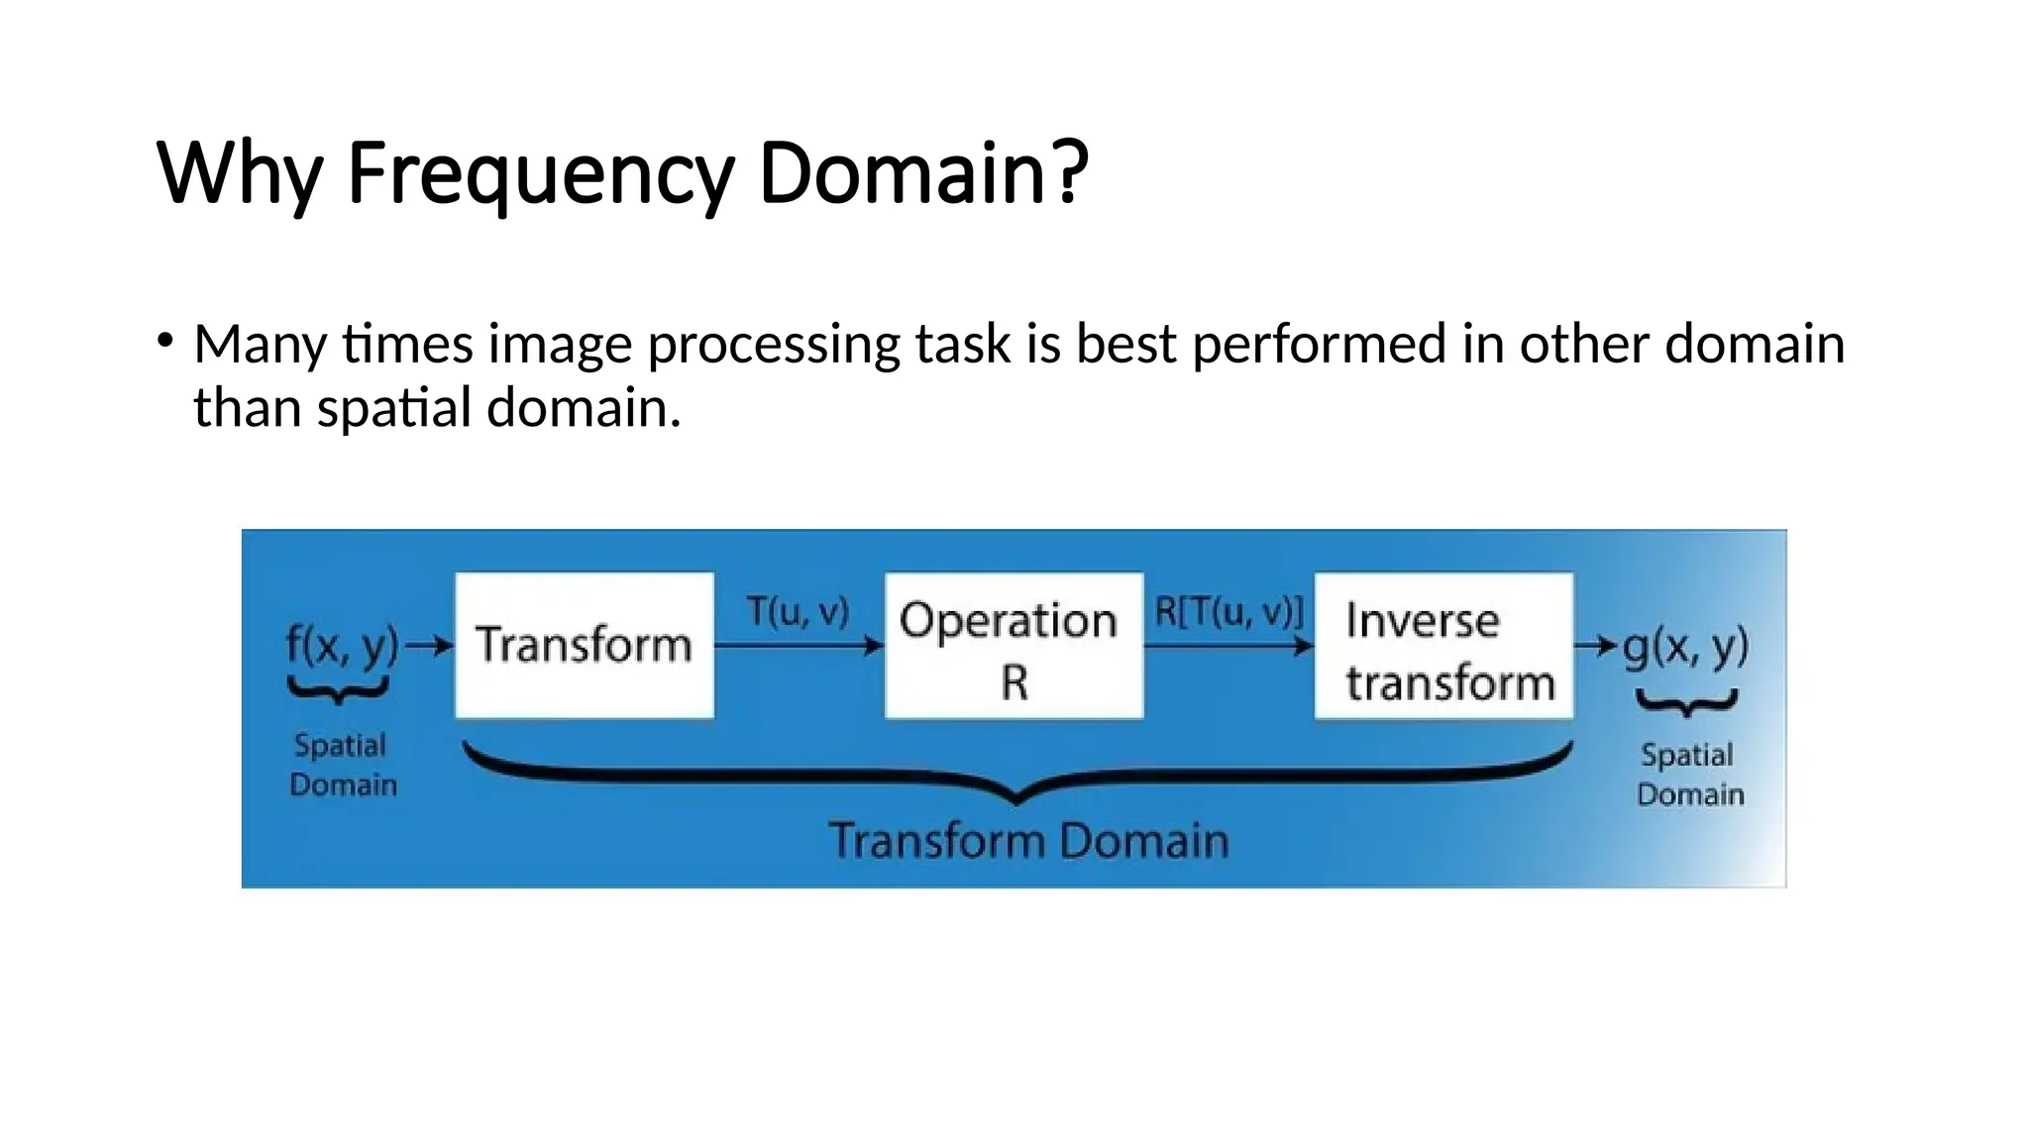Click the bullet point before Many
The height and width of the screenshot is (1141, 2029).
click(164, 342)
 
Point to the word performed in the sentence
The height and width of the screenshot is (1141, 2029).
click(1319, 346)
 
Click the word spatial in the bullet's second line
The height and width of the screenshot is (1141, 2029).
click(393, 408)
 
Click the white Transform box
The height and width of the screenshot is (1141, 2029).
click(584, 645)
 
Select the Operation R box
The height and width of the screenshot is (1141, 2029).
click(1013, 646)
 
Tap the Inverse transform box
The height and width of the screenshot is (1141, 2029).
click(1443, 646)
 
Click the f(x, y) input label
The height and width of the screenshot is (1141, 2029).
click(342, 645)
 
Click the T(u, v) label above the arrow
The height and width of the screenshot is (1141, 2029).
click(798, 611)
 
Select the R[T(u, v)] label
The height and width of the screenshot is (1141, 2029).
click(1228, 611)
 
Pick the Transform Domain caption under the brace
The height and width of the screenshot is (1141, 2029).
click(1028, 840)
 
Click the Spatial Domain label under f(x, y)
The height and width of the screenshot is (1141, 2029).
click(342, 765)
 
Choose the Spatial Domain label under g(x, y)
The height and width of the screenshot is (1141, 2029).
click(1688, 775)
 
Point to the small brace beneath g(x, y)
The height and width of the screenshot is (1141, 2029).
click(1686, 704)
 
